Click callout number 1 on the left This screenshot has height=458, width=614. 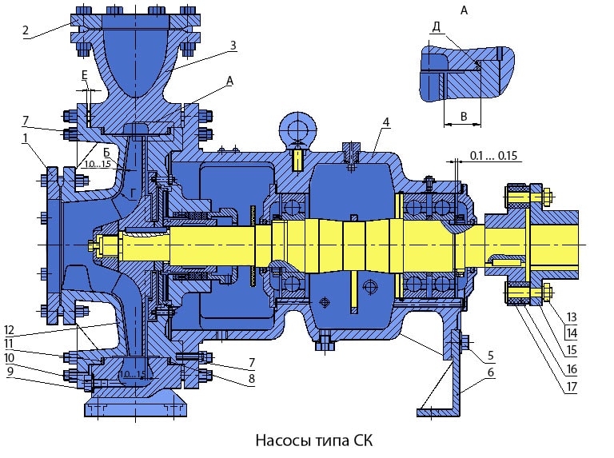[26, 137]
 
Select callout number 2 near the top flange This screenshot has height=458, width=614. [26, 31]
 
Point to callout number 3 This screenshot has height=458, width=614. [233, 46]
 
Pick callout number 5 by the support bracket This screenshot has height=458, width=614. [488, 355]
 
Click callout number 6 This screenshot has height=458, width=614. [488, 372]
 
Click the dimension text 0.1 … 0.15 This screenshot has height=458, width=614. [495, 154]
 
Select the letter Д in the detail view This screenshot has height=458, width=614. [436, 26]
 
